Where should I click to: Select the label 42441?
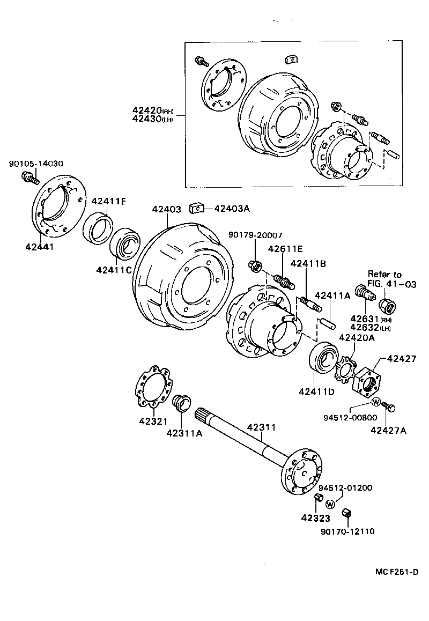click(x=39, y=247)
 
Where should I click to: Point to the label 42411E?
click(x=108, y=201)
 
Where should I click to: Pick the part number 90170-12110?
click(x=347, y=531)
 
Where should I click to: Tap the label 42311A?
click(x=184, y=433)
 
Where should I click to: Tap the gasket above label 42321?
click(x=152, y=386)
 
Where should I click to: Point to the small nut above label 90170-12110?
click(x=346, y=514)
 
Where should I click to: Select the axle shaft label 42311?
click(x=261, y=427)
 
